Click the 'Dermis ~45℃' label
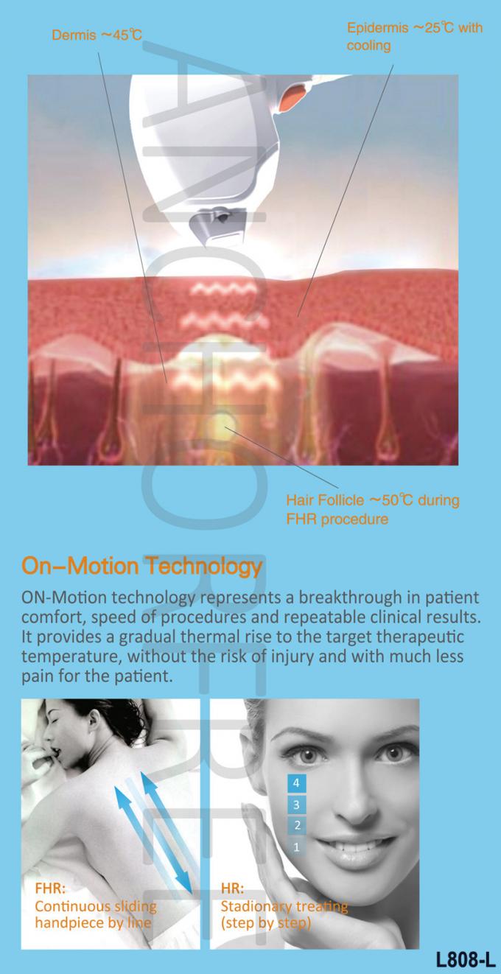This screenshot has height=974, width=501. (x=97, y=35)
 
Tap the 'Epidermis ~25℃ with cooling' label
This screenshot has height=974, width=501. (x=415, y=37)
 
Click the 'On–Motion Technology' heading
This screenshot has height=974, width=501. (x=141, y=566)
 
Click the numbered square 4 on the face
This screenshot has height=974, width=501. (x=296, y=782)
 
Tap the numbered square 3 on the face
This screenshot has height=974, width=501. (x=296, y=805)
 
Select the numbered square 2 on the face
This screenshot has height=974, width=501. (x=297, y=825)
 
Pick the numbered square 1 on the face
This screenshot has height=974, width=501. (x=297, y=847)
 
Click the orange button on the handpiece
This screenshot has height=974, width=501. (x=295, y=97)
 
